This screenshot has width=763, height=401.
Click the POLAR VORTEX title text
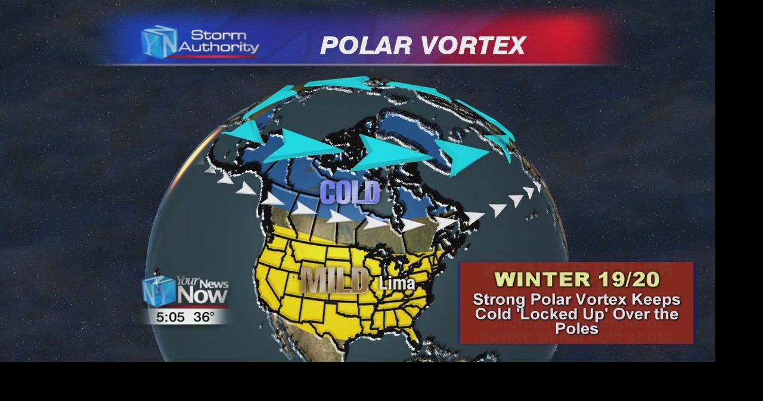coord(423,46)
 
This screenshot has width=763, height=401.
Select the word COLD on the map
coord(349,192)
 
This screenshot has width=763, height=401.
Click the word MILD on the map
coord(334,280)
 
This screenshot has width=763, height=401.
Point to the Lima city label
coord(397,283)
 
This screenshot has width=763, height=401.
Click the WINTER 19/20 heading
coord(576,279)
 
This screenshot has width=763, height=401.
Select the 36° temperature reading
coord(203,317)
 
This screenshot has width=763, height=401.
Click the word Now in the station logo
coord(202,294)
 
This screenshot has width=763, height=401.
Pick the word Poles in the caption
coord(576,328)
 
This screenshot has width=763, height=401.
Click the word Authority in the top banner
coord(219,47)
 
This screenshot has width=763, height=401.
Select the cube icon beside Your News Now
coord(159,290)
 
